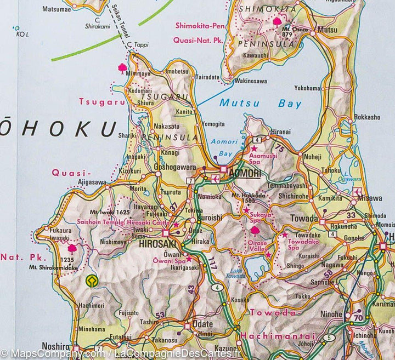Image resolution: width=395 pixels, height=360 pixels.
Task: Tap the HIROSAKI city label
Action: click(x=157, y=243)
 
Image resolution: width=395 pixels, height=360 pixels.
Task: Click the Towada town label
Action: click(x=304, y=218)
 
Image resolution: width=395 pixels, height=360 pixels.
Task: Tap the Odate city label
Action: click(x=202, y=324)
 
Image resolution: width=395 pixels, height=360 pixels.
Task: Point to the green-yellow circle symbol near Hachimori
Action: click(x=92, y=282)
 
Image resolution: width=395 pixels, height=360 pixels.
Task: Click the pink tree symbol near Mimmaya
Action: click(x=122, y=68)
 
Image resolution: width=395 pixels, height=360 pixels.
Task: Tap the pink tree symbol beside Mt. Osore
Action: click(x=277, y=21)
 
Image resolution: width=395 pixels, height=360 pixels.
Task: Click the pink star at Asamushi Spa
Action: click(x=254, y=148)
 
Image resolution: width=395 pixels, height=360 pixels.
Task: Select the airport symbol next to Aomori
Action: click(x=215, y=178)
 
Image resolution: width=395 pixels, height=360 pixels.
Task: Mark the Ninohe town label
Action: click(x=331, y=315)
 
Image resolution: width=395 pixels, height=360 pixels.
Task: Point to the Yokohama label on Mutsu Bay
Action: click(x=307, y=88)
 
